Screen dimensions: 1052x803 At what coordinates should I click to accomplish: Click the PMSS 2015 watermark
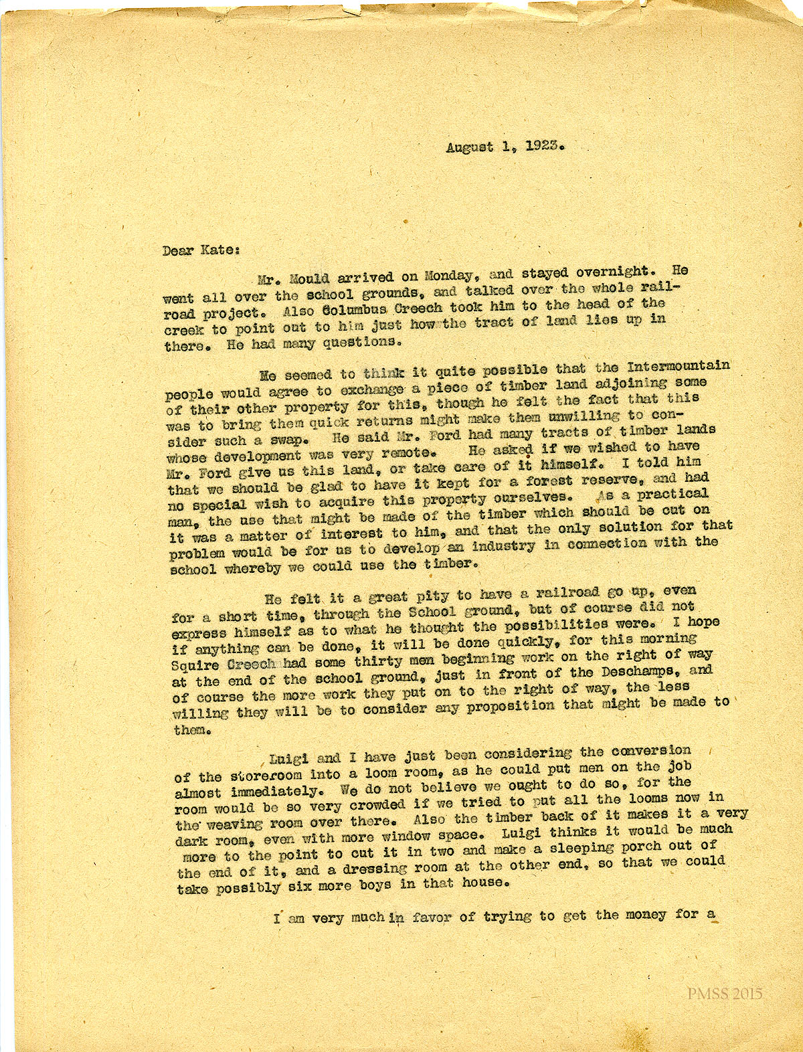725,994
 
